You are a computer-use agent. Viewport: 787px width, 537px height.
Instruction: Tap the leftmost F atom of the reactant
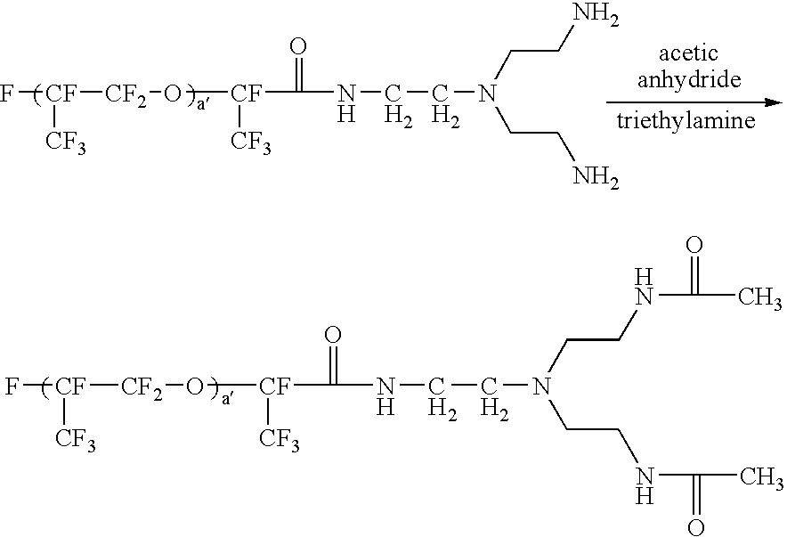(x=7, y=93)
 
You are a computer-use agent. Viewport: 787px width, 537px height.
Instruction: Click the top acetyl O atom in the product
(x=694, y=246)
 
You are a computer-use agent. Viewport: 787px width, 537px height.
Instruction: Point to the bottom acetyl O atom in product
(x=694, y=526)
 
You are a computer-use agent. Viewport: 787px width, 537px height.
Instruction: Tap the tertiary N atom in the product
(x=540, y=386)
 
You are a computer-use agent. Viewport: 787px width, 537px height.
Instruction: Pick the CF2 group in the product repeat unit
(x=142, y=387)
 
